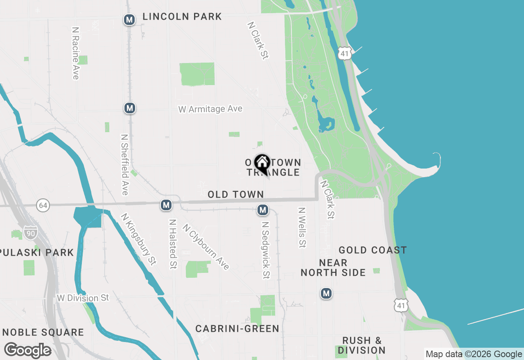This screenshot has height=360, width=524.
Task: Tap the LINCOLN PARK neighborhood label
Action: (182, 17)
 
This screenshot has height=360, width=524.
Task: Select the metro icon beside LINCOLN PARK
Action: (129, 20)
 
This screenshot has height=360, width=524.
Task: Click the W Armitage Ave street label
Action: (210, 109)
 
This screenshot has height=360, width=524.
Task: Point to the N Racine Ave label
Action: (75, 53)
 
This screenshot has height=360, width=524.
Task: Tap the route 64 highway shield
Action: (43, 205)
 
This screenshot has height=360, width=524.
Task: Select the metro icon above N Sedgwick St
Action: (262, 210)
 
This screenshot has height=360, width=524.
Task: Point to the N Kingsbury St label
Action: (138, 239)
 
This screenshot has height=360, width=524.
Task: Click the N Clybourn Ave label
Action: (206, 247)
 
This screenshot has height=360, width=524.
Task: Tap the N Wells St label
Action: (302, 227)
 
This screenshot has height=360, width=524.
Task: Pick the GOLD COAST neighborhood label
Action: (373, 250)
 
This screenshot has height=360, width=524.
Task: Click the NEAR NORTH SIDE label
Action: (333, 268)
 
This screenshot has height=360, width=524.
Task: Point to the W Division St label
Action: (83, 298)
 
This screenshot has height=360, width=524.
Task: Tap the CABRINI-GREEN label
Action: (237, 328)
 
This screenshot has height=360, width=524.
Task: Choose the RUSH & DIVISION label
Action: (362, 345)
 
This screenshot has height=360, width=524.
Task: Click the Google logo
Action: (27, 350)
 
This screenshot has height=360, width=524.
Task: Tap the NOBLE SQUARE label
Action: (43, 332)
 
